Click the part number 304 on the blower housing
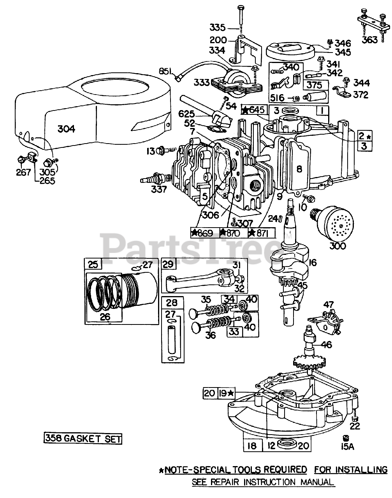point(66,129)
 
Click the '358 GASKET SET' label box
point(83,438)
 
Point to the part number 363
point(369,40)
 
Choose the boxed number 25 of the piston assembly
point(93,264)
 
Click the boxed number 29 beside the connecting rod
point(168,264)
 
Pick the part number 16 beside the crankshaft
point(313,263)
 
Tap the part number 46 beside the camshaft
point(327,345)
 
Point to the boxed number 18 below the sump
point(252,445)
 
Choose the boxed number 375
point(315,85)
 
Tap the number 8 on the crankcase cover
point(299,169)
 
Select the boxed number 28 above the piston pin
point(172,303)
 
